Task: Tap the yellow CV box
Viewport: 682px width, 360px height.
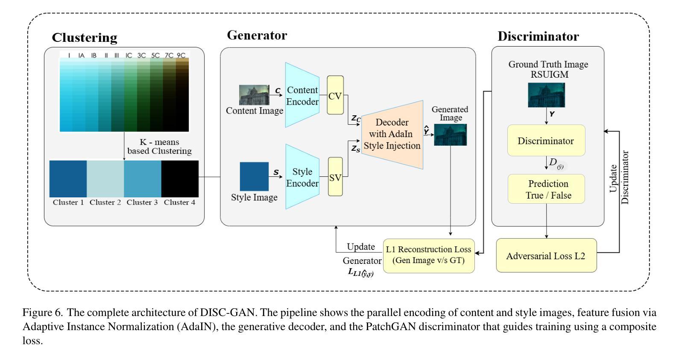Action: [x=335, y=95]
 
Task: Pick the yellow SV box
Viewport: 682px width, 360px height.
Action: [x=335, y=177]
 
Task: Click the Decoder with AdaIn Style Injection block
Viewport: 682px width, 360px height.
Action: [x=392, y=134]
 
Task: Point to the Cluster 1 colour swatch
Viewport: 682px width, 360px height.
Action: [x=68, y=179]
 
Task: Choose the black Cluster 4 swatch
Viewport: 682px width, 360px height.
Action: [x=180, y=179]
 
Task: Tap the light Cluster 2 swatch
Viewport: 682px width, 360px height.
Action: [x=105, y=179]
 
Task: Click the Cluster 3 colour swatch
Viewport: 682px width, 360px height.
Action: [x=143, y=179]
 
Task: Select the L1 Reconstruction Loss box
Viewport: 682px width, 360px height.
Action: [x=429, y=255]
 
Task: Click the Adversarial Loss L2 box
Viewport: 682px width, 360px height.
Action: [x=546, y=255]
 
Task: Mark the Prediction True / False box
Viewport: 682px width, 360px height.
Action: [x=546, y=189]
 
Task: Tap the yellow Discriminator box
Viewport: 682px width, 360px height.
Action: [x=546, y=140]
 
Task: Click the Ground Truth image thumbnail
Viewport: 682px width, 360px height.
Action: [x=546, y=95]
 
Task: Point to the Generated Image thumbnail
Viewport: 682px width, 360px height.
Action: [x=450, y=135]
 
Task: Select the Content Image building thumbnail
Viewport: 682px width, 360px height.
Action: [x=254, y=95]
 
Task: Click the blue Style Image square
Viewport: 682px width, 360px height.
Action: [x=254, y=176]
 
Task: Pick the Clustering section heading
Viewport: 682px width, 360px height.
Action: [x=85, y=38]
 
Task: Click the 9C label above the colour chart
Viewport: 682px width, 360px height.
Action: [x=181, y=56]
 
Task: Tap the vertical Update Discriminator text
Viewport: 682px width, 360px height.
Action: [x=619, y=177]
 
